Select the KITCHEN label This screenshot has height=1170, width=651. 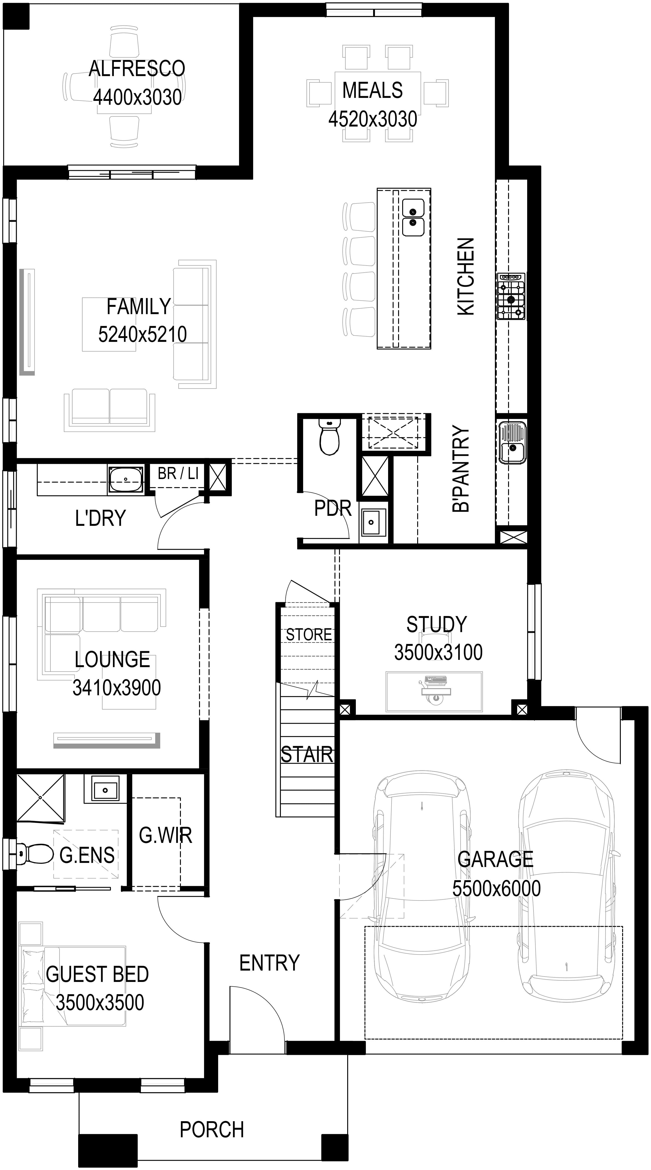[x=466, y=276]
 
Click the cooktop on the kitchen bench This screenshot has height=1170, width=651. [x=511, y=296]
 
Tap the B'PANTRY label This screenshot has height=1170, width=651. [x=461, y=469]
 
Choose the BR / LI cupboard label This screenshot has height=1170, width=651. [x=178, y=474]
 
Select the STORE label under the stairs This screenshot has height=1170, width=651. [x=309, y=634]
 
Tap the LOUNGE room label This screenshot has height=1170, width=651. [x=112, y=659]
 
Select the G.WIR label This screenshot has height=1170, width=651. [x=165, y=835]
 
